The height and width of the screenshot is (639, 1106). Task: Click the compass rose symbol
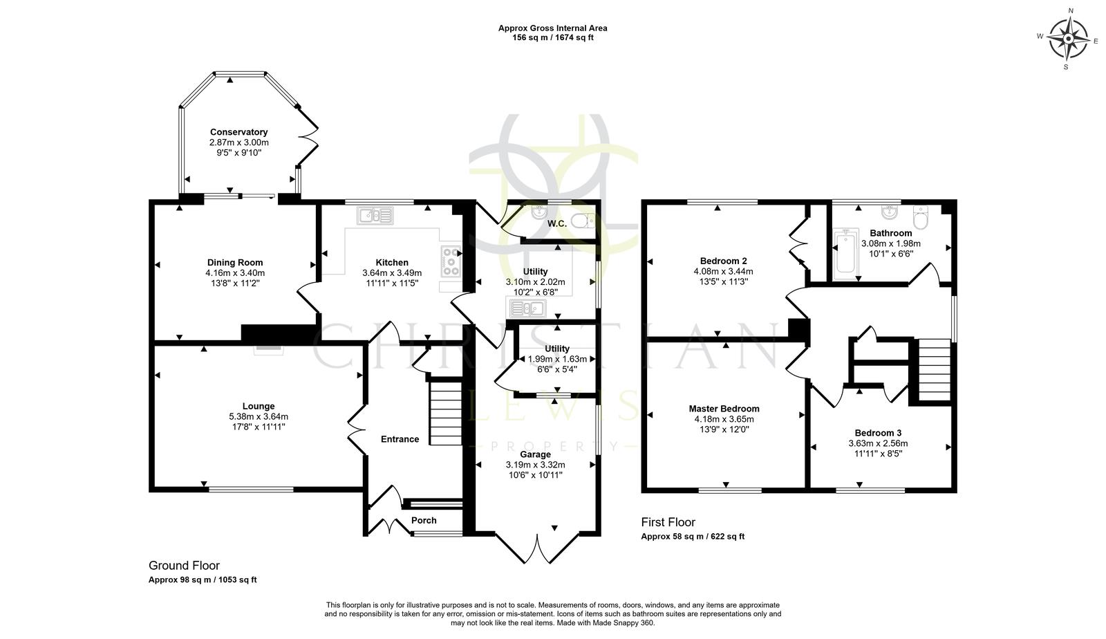click(1069, 39)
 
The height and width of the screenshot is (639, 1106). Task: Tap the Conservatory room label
click(238, 132)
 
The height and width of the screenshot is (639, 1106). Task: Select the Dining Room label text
click(235, 263)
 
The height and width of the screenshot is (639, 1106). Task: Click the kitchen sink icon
click(375, 216)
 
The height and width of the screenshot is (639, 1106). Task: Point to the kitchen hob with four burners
click(451, 261)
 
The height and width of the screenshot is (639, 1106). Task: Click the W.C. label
click(556, 223)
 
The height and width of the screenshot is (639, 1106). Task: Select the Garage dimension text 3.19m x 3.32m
click(535, 465)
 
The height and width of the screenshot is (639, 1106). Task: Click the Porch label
click(424, 521)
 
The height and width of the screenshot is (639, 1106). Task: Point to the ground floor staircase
click(446, 413)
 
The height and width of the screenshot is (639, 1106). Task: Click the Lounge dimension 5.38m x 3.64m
click(259, 416)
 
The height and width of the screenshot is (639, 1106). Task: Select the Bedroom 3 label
click(878, 433)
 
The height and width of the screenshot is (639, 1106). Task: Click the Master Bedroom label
click(724, 409)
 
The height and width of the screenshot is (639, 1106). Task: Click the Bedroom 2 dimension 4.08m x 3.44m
click(723, 272)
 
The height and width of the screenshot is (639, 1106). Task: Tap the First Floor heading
click(668, 523)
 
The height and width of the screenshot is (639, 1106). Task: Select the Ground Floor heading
click(184, 566)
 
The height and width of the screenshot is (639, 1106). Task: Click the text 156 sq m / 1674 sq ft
click(552, 38)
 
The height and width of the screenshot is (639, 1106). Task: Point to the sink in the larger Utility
click(527, 308)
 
